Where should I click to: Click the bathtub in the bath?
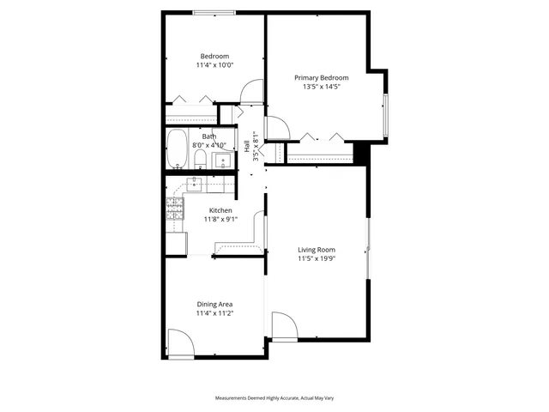[178, 149]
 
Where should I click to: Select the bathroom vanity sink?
[222, 161]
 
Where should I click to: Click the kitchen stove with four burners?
[175, 209]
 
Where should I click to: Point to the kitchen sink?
[196, 184]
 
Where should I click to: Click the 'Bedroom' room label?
[214, 56]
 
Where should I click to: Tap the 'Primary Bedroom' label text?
[322, 77]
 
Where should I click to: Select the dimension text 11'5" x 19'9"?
[317, 258]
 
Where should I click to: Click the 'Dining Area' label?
[214, 304]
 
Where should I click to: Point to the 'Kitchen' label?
[220, 210]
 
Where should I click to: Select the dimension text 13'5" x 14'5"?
[322, 87]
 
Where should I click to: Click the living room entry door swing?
[284, 326]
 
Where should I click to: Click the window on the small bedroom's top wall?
[210, 12]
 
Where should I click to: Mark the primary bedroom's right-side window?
[385, 116]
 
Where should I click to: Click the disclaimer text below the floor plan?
[274, 398]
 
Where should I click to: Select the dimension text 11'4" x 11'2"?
[214, 313]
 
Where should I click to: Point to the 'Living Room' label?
[317, 250]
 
